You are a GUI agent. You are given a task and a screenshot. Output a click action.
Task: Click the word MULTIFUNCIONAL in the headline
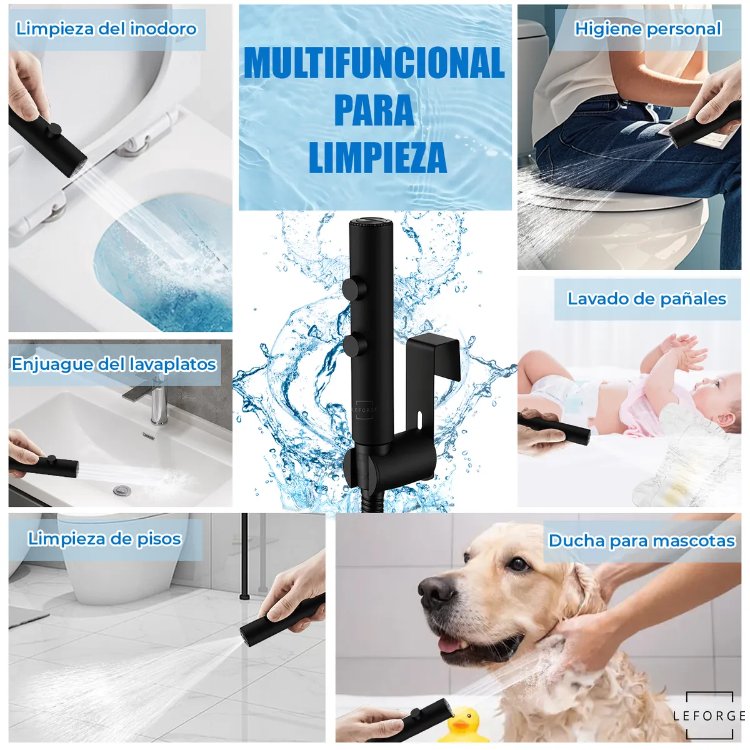tap(374, 63)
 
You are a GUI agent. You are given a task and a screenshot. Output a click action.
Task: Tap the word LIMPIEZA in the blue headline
tap(377, 158)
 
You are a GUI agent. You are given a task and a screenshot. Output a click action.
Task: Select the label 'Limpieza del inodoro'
tap(106, 29)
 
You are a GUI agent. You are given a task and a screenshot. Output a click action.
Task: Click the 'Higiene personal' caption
tap(647, 29)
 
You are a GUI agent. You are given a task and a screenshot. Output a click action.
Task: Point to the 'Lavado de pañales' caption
tap(646, 299)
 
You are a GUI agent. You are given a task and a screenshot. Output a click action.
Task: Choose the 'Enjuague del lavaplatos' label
tap(114, 364)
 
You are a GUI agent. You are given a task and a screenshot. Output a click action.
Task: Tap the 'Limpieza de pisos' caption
tap(104, 539)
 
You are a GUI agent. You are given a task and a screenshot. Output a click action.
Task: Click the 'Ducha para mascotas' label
tap(641, 541)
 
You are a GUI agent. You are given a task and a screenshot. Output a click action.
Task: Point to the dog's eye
tap(518, 564)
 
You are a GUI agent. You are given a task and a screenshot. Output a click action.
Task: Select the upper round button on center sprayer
tap(354, 288)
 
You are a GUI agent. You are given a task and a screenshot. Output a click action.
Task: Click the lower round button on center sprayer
tap(354, 345)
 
